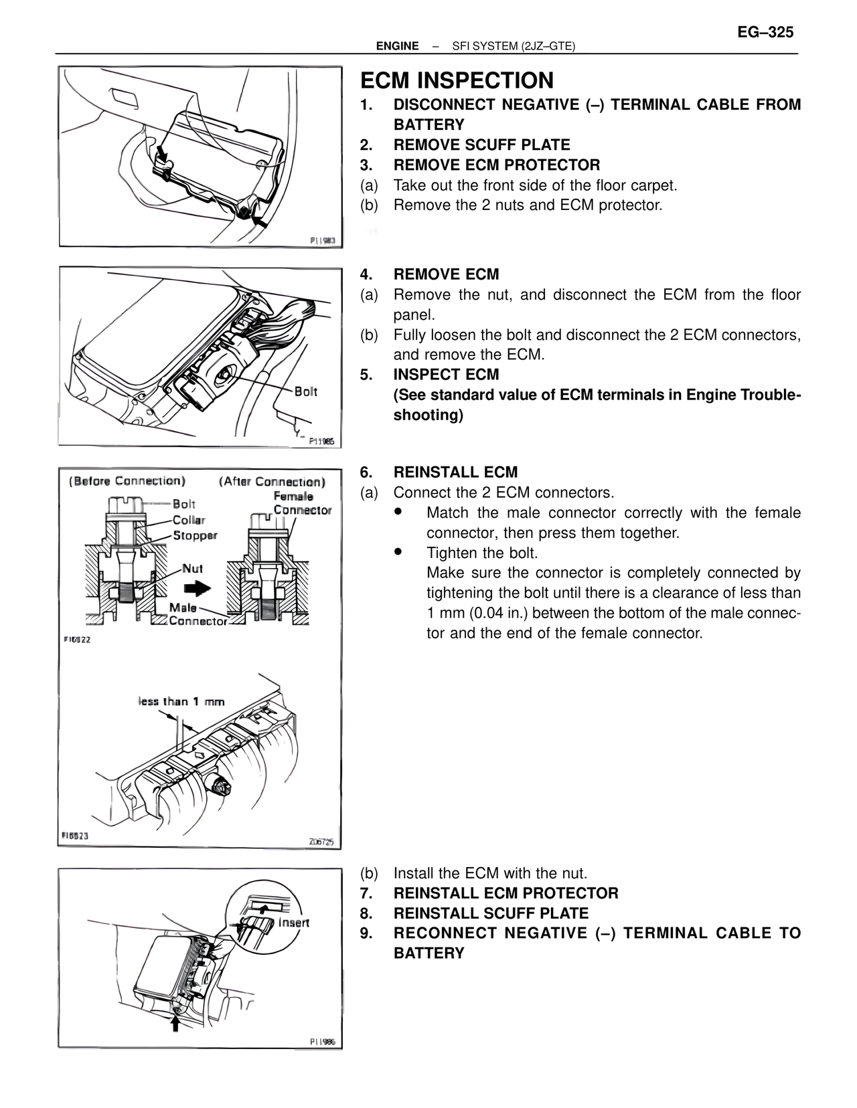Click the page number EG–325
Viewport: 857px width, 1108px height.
[765, 32]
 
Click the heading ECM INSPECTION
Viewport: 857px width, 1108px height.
[457, 80]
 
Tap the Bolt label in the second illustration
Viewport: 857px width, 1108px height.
[305, 391]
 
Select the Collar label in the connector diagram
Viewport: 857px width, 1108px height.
[189, 520]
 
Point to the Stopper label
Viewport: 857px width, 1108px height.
[195, 535]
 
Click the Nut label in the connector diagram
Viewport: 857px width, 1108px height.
[193, 569]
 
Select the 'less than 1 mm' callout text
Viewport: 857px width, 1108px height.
[181, 701]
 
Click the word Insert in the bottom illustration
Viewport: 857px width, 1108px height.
[293, 923]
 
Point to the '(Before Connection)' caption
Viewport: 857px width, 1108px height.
[127, 481]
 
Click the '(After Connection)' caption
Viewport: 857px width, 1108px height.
[272, 482]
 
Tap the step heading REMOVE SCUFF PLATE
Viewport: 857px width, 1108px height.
[481, 145]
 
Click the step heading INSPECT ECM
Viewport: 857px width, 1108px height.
[446, 375]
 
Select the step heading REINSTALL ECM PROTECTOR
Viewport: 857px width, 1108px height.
[505, 893]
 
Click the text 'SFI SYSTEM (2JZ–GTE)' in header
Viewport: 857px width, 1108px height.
[514, 46]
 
